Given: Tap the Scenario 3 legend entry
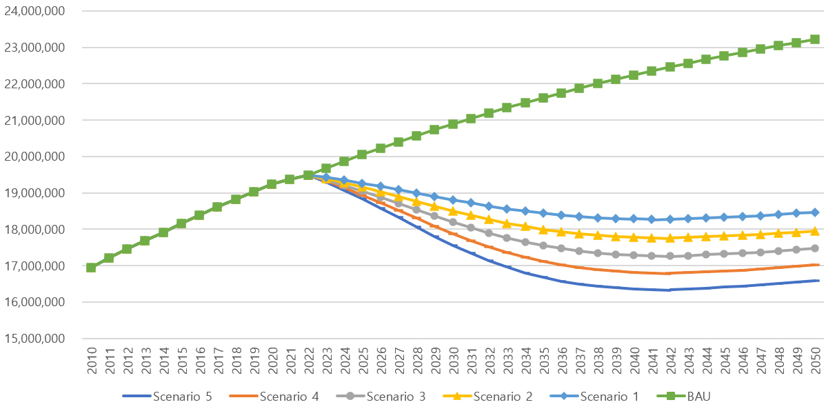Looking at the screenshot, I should [387, 396].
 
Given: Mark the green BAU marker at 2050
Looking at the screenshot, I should [814, 39].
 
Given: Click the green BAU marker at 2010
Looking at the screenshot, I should [91, 268].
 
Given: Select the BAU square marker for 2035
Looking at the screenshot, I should [543, 98].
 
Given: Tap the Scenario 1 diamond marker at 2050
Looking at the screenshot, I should [814, 212].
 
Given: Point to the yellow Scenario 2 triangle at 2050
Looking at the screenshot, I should [814, 231].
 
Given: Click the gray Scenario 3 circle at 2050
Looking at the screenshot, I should [814, 248].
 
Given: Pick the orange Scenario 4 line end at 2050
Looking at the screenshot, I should [814, 265].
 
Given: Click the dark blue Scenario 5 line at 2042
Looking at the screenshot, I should [669, 290].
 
